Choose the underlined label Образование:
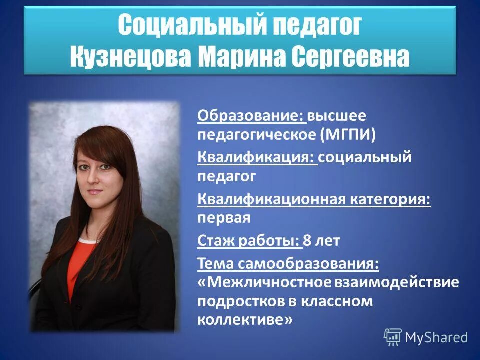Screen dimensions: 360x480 tap(251, 116)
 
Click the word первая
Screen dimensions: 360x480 tap(224, 218)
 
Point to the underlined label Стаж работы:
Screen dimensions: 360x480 tap(249, 241)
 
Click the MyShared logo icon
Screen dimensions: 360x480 tap(392, 337)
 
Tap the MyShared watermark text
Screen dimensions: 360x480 tap(436, 338)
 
